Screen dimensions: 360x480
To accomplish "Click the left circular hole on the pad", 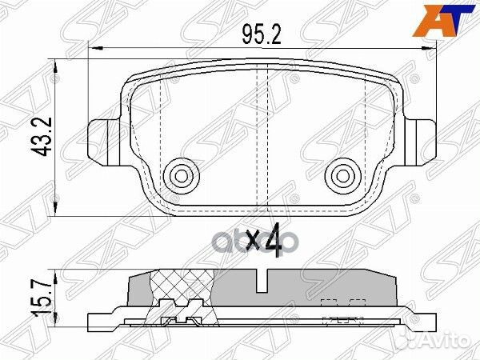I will click(177, 174).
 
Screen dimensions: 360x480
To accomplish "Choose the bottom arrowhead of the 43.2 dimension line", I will click(54, 214).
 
